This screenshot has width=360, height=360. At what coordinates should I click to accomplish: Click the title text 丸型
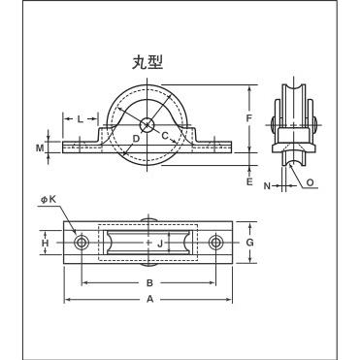tap(147, 62)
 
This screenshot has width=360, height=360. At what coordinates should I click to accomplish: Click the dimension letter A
tap(149, 299)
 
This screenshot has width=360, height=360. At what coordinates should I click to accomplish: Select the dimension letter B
tap(149, 283)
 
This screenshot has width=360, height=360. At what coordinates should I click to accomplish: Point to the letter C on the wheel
tap(165, 136)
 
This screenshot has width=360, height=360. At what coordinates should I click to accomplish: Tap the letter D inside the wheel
tap(136, 139)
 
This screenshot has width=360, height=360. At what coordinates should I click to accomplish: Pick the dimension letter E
tap(249, 181)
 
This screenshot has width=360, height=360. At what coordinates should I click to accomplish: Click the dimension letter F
tap(249, 118)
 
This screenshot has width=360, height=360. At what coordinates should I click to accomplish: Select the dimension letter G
tap(249, 243)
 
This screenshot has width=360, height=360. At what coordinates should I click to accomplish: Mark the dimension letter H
tap(46, 243)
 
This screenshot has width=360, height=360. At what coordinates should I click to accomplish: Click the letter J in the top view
tap(159, 243)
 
